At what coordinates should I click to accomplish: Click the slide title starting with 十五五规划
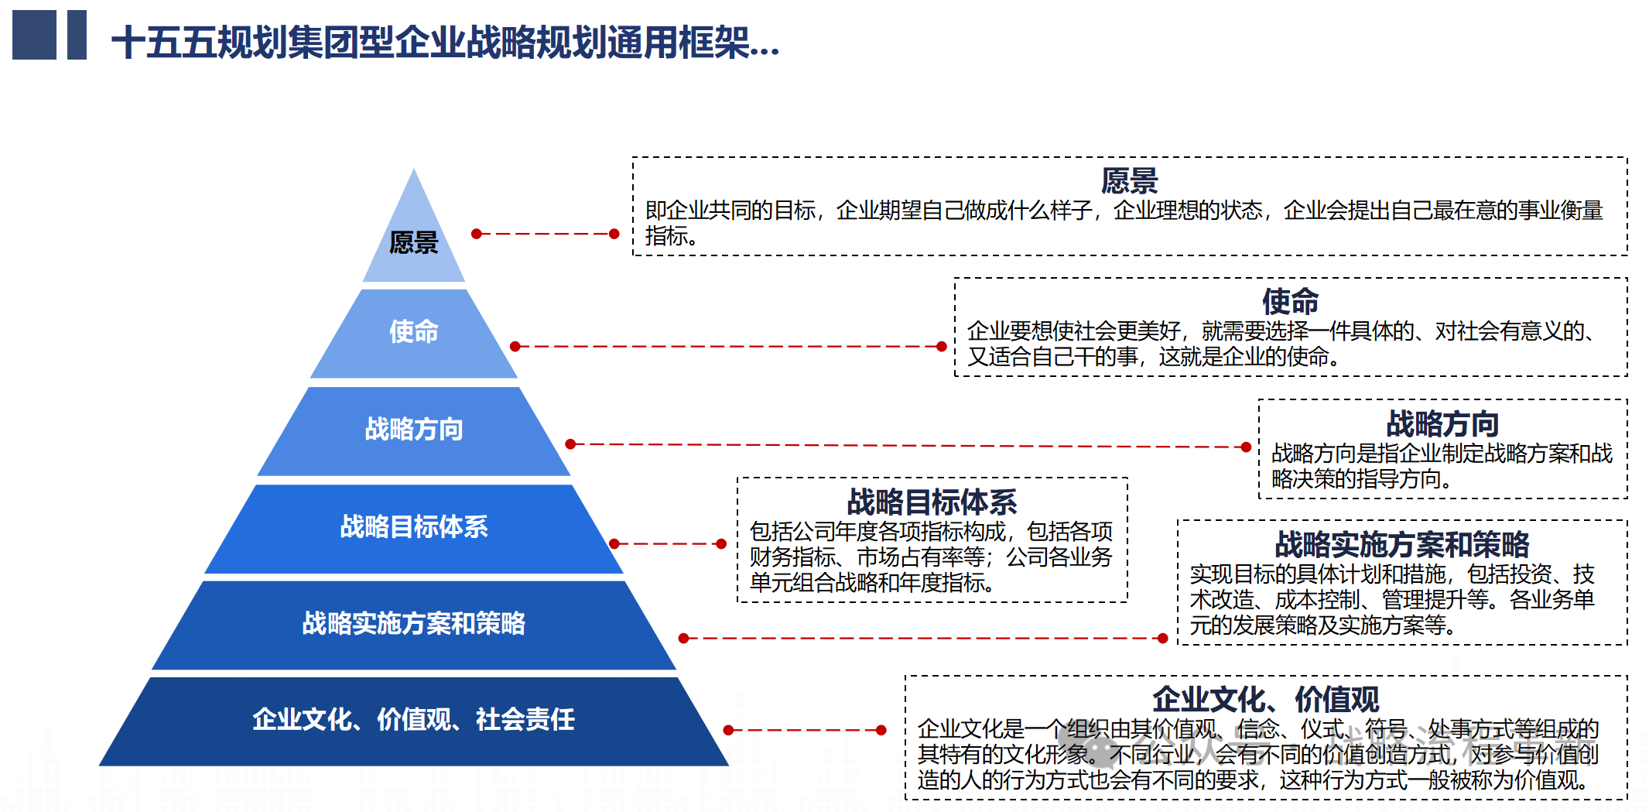pos(445,42)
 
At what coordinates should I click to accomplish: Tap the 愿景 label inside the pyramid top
pos(414,242)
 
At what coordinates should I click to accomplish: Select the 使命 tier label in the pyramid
pos(414,331)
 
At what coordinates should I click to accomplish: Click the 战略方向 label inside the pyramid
pos(414,429)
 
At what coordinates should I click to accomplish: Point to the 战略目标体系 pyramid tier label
pos(414,526)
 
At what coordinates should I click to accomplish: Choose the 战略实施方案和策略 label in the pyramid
pos(414,623)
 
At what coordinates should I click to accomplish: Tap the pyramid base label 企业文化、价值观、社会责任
pos(414,719)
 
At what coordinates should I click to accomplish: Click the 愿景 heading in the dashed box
pos(1130,180)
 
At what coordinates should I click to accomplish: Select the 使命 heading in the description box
pos(1291,301)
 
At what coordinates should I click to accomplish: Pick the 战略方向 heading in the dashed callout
pos(1443,423)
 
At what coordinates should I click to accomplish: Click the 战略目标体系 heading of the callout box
pos(932,502)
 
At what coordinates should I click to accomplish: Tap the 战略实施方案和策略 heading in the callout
pos(1402,544)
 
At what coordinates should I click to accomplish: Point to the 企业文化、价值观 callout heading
pos(1266,699)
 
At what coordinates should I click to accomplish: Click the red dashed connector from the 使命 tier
pos(728,347)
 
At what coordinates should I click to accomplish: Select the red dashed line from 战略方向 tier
pos(908,446)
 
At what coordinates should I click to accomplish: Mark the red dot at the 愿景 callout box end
pos(614,234)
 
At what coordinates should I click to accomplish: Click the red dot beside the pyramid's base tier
pos(728,730)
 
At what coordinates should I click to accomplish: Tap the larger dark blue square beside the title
pos(34,35)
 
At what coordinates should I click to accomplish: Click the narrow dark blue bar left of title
pos(77,35)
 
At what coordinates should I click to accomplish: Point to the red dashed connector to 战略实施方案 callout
pos(923,639)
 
